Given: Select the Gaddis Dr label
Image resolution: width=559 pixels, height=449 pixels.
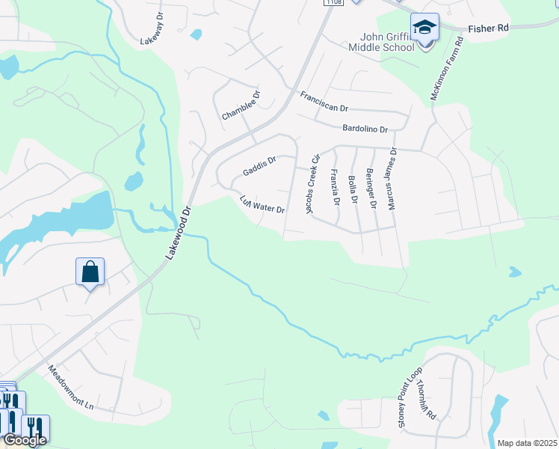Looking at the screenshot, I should point(259,167).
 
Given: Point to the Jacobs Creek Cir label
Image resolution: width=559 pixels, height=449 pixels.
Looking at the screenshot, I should point(313,184).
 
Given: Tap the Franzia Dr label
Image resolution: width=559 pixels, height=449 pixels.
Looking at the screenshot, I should point(334,187).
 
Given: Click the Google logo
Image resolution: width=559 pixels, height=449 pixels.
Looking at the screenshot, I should point(25,440).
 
